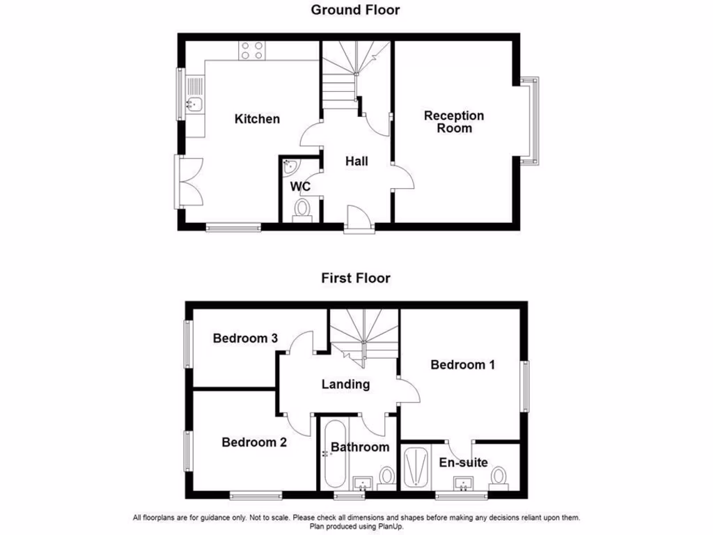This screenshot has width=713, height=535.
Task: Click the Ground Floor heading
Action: click(355, 10)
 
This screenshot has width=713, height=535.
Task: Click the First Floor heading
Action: click(355, 278)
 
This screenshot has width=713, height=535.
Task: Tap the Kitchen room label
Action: click(257, 119)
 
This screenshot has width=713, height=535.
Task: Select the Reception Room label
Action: click(454, 122)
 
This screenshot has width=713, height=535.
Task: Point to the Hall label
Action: click(357, 161)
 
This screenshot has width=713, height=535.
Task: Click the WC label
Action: click(300, 187)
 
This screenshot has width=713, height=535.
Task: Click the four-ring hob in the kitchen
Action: click(252, 50)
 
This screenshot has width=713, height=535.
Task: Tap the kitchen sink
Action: click(194, 105)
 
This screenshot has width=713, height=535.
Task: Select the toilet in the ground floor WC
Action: click(302, 209)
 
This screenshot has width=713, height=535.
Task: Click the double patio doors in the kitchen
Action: click(188, 180)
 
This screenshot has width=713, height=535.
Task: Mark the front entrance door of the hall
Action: click(358, 217)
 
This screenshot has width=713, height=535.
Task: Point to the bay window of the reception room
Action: click(531, 121)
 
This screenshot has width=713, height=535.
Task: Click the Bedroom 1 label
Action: click(462, 364)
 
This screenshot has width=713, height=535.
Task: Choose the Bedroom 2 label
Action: click(254, 442)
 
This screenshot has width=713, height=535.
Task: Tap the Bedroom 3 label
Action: click(245, 339)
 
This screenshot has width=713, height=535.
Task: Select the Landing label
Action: click(345, 384)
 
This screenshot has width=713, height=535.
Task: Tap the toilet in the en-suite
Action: click(497, 476)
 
